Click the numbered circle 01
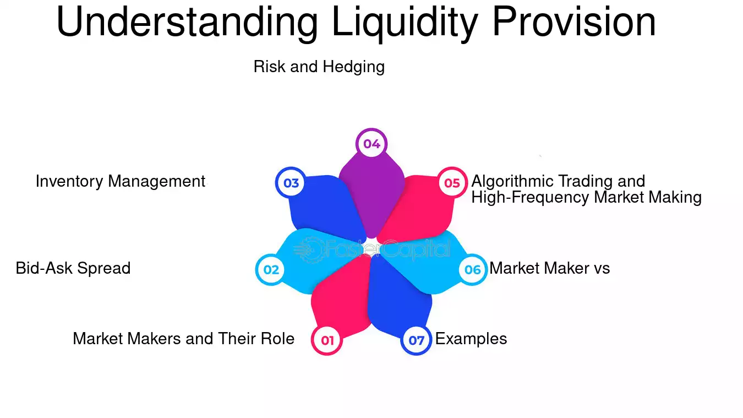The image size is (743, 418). pos(327,340)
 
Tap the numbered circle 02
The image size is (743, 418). pos(271,270)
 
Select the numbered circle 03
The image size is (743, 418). pos(291,182)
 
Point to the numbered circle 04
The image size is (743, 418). pos(371,144)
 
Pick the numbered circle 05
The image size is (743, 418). pos(452,182)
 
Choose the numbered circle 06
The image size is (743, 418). pos(473,270)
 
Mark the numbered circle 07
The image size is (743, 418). pos(416,340)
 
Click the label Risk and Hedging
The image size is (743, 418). pos(319,67)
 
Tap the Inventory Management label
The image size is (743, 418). pos(120,181)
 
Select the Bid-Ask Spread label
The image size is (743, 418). pos(73,268)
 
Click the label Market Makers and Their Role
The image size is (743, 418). pos(183,338)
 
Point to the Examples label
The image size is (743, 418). pos(471,338)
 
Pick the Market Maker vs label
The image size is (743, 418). pos(550,268)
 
